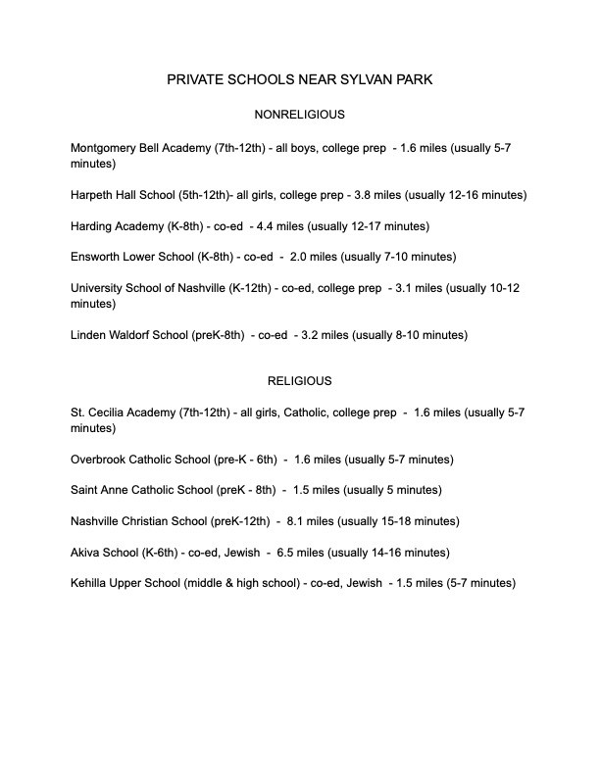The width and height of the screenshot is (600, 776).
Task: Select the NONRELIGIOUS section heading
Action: point(299,115)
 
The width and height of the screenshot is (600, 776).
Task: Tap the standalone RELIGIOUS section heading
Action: point(299,380)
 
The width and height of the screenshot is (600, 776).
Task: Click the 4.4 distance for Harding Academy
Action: point(261,226)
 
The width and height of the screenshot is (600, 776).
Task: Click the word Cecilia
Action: point(116,412)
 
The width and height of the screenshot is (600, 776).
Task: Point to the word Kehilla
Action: point(93,584)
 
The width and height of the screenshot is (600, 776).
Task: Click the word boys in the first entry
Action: point(284,148)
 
